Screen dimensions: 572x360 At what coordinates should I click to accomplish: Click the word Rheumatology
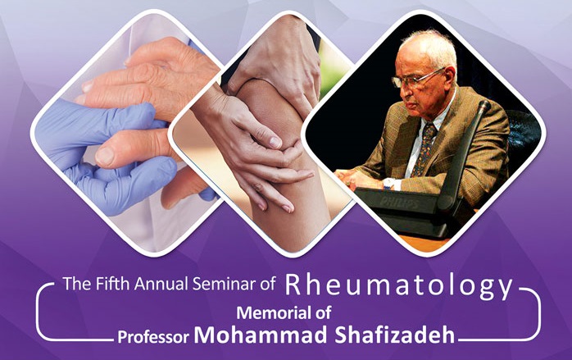coord(399,286)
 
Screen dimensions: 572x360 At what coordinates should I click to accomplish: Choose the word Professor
coord(153,336)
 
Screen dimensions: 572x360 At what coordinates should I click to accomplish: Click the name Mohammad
coord(261,334)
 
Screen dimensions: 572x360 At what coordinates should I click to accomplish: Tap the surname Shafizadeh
coord(395,334)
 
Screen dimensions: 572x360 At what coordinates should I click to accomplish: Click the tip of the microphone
coord(484,106)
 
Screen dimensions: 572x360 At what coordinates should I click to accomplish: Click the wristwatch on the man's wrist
coord(389,183)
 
